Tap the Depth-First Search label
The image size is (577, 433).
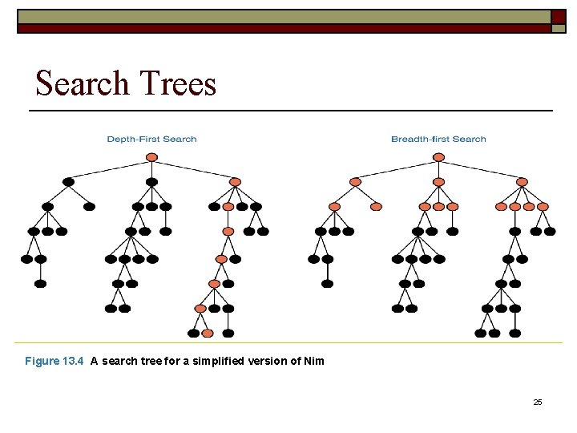tap(151, 140)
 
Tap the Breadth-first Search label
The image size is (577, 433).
tap(438, 140)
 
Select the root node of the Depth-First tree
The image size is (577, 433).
tap(151, 160)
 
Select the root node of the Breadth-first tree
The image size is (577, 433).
tap(438, 160)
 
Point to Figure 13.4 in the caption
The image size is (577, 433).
tap(54, 361)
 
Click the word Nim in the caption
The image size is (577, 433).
tap(314, 361)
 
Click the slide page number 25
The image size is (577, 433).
tap(538, 402)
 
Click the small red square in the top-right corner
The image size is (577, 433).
tap(558, 17)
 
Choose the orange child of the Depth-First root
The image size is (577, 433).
tap(235, 182)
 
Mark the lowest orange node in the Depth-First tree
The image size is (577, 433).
tap(208, 333)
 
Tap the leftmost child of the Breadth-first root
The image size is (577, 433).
tap(356, 182)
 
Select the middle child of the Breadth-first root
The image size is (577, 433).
tap(438, 182)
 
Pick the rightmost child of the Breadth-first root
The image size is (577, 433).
tap(522, 182)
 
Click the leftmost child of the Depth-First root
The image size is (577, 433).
tap(68, 182)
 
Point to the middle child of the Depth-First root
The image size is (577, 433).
tap(151, 182)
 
